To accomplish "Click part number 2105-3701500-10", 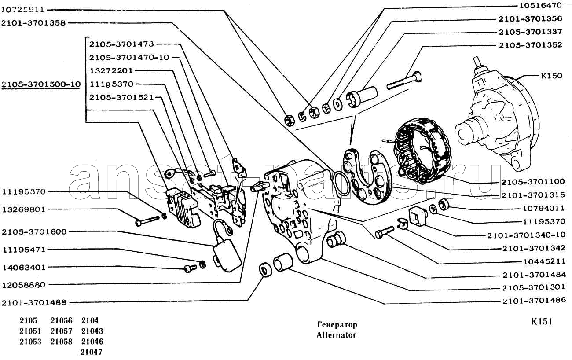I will (40, 84).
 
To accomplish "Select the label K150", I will (551, 76).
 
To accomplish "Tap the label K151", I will (541, 322).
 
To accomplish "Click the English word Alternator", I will (336, 335).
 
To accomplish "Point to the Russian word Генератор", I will (337, 325).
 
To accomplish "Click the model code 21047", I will (92, 352).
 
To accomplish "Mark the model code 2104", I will (90, 321).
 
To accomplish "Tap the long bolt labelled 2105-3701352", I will (405, 81).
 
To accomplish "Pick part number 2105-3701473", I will (121, 44).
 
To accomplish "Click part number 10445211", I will (544, 261).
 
